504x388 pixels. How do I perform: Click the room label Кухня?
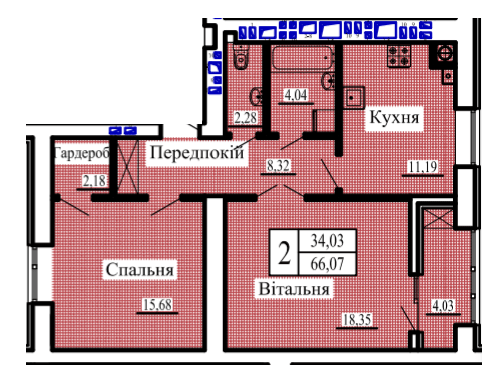pyautogui.click(x=394, y=118)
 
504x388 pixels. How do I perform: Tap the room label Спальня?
pyautogui.click(x=139, y=269)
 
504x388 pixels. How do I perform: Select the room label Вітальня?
pyautogui.click(x=294, y=289)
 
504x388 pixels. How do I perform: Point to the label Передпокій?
pyautogui.click(x=197, y=153)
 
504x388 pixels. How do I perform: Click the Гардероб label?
pyautogui.click(x=81, y=153)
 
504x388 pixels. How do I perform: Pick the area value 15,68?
pyautogui.click(x=157, y=304)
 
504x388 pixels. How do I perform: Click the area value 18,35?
pyautogui.click(x=357, y=319)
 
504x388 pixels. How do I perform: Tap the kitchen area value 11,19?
pyautogui.click(x=423, y=166)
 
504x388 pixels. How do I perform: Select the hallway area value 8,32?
pyautogui.click(x=278, y=165)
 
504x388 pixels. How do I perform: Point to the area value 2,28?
pyautogui.click(x=246, y=118)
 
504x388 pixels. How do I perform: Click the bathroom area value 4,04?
pyautogui.click(x=296, y=95)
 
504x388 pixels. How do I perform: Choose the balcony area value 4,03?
pyautogui.click(x=443, y=305)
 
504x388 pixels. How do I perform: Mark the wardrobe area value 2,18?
pyautogui.click(x=94, y=181)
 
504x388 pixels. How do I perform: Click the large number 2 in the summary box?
pyautogui.click(x=284, y=253)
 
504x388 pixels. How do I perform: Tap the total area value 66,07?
pyautogui.click(x=327, y=264)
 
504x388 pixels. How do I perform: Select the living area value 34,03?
pyautogui.click(x=327, y=240)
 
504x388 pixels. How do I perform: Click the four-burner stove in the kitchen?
pyautogui.click(x=399, y=56)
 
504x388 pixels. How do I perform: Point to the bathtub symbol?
pyautogui.click(x=303, y=58)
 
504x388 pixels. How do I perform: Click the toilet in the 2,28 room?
pyautogui.click(x=241, y=57)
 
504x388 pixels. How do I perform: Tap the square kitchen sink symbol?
pyautogui.click(x=354, y=98)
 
